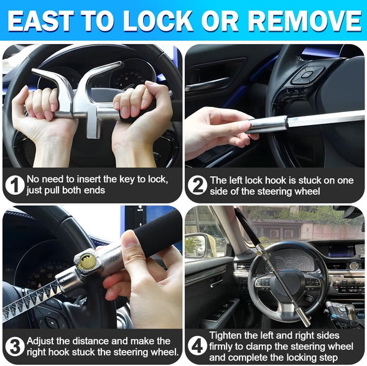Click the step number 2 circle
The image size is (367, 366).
[198, 185]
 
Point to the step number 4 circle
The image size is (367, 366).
[198, 346]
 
